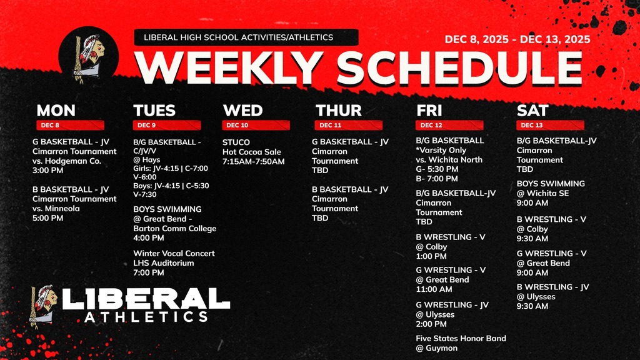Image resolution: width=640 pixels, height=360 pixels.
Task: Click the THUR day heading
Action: (x=338, y=111)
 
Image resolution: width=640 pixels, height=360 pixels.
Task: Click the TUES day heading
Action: (x=154, y=111)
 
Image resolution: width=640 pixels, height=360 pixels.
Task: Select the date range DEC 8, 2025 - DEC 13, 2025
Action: (x=517, y=39)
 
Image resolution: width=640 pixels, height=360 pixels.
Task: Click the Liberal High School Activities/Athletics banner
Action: (x=246, y=37)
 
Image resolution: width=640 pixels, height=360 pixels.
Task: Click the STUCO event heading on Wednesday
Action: (x=236, y=142)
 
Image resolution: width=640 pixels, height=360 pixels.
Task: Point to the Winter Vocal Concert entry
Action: (x=174, y=254)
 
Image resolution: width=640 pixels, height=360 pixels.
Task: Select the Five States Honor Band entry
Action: (x=461, y=339)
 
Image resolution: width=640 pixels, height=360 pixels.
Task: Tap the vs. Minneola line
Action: (x=56, y=209)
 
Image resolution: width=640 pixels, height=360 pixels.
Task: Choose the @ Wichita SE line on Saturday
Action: (x=542, y=193)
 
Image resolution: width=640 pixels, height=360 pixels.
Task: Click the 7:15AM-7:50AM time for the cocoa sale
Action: (x=253, y=162)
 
